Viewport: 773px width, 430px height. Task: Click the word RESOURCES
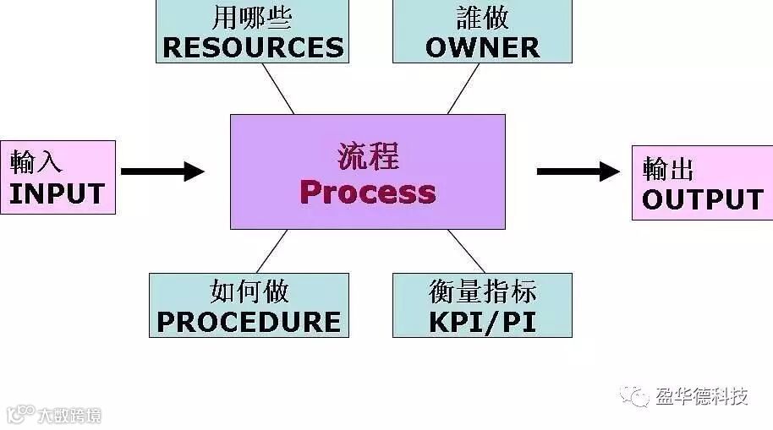[253, 47]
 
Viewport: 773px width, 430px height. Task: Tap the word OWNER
[482, 47]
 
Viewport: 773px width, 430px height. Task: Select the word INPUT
[57, 193]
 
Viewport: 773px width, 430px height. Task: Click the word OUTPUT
[703, 199]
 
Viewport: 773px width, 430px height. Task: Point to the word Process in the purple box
[368, 193]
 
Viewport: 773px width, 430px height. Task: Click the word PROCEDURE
[249, 321]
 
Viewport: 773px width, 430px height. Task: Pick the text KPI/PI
[482, 321]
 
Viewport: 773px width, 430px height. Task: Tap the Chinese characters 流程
[368, 157]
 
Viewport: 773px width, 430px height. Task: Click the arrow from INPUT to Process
[162, 171]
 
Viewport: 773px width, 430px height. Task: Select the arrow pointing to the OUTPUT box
[578, 171]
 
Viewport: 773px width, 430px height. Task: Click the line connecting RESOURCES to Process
[277, 88]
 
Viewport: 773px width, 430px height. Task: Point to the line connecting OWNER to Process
[463, 88]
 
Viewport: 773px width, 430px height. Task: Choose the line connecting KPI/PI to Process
[466, 251]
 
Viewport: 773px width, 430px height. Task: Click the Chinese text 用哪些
[253, 17]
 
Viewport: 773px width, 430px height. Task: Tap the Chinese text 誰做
[482, 17]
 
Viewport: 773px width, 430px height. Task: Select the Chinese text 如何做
[249, 292]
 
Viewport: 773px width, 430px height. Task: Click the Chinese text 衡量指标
[482, 292]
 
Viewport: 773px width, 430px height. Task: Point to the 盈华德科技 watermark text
[702, 395]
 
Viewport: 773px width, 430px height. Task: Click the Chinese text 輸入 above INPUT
[36, 161]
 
